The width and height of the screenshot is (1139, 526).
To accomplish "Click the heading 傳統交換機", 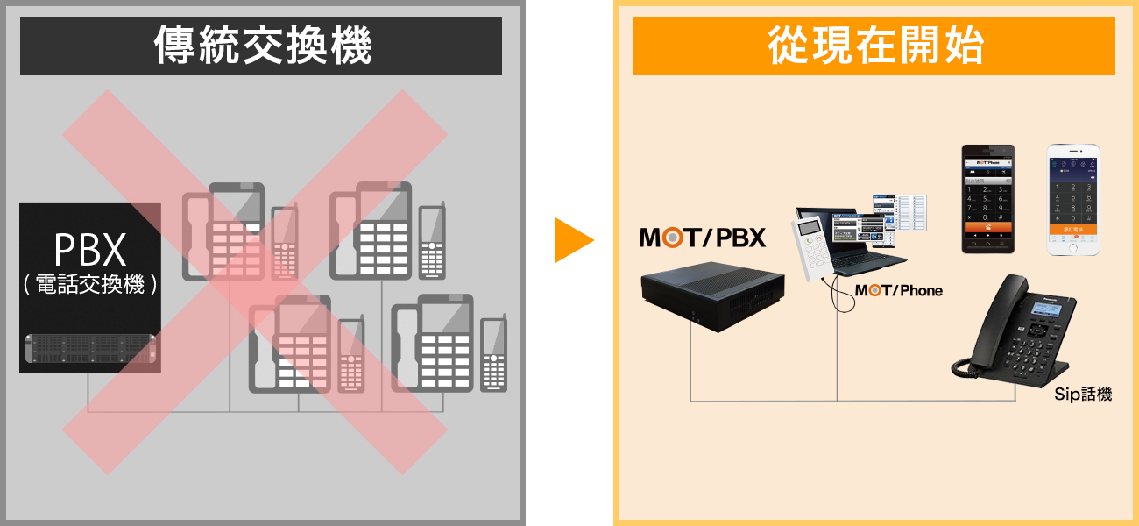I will [261, 46].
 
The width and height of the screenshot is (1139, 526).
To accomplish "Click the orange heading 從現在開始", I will [874, 46].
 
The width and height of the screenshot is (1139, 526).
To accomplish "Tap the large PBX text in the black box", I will [89, 251].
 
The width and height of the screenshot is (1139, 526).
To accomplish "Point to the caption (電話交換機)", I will [89, 285].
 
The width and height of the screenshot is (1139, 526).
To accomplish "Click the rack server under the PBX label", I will [90, 348].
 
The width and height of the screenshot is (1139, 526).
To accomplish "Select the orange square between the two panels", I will [574, 240].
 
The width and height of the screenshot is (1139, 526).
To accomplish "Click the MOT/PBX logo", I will [703, 238].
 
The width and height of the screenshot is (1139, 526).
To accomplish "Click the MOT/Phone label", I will [898, 290].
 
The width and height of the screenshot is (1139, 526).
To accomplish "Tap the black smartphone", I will [987, 200].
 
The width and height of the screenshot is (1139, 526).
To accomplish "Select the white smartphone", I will [1073, 200].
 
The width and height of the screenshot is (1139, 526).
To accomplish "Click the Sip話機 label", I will [1083, 394].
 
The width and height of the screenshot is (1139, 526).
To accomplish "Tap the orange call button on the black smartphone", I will [987, 226].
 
